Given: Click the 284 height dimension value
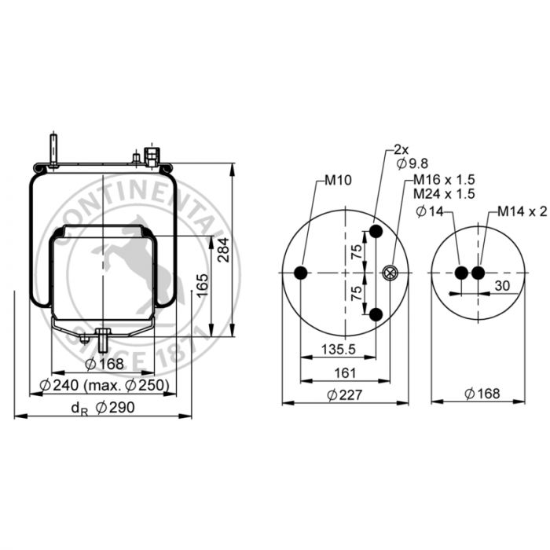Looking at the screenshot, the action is click(x=223, y=250).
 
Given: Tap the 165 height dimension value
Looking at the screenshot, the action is click(x=203, y=285).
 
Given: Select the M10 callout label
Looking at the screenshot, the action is click(x=338, y=180).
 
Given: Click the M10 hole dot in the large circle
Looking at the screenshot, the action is click(x=301, y=273).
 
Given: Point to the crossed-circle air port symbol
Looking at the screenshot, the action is click(x=390, y=273).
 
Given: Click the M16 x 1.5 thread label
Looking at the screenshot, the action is click(x=444, y=180).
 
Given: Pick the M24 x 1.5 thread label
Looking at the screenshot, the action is click(x=444, y=193).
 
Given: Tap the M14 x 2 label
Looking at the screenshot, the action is click(x=522, y=211).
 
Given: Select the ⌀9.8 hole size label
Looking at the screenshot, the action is click(x=412, y=163).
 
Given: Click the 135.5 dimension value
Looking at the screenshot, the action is click(x=339, y=349).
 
